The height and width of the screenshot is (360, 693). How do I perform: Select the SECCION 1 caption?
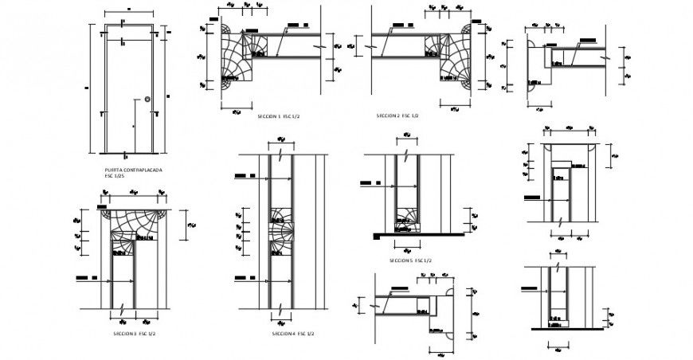pos(278,116)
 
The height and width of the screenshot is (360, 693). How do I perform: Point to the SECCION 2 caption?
pos(397,115)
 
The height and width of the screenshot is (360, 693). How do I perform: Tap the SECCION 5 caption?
pos(410,260)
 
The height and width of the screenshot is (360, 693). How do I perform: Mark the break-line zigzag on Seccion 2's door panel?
pos(371,47)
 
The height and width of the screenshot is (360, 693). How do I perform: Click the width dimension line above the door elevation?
pos(127,14)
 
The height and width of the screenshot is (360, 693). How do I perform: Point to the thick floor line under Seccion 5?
pos(418,235)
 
